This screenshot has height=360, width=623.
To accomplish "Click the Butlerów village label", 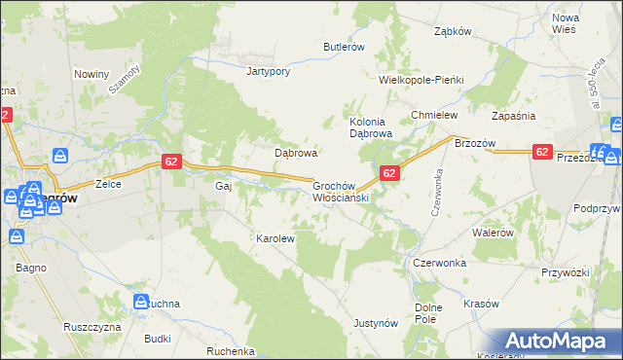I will point(344,47).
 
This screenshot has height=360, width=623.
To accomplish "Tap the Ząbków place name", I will point(453,31).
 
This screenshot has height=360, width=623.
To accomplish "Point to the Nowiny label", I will point(92,74).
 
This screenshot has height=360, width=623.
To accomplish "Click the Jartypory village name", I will point(270,71).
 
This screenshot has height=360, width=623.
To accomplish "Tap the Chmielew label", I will point(434,115).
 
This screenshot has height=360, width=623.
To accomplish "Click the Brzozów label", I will point(475,142).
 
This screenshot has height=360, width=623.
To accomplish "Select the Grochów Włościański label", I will point(337,191).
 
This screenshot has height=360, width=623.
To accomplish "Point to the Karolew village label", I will point(275,237).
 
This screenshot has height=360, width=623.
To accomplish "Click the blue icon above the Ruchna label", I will point(141,302).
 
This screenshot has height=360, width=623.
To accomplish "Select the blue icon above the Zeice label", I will point(60,156).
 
